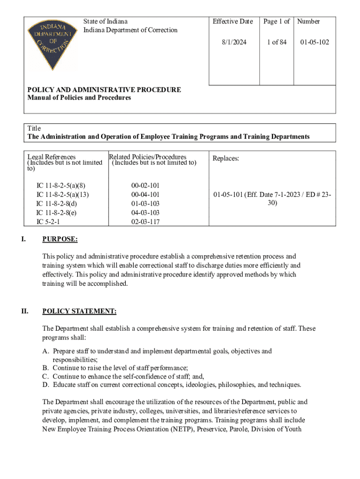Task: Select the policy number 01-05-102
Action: click(315, 42)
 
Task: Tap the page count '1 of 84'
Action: click(277, 42)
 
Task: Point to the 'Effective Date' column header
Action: click(233, 21)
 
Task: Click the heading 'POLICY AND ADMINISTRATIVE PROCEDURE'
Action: click(104, 90)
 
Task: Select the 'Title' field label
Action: click(34, 128)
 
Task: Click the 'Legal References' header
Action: click(51, 157)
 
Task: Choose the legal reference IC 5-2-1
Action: click(48, 222)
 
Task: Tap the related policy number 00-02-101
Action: click(145, 186)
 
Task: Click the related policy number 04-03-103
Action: click(145, 213)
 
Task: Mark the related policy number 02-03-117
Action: click(145, 222)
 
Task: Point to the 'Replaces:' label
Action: click(226, 159)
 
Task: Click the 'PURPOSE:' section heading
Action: click(60, 239)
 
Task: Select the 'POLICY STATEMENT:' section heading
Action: click(79, 311)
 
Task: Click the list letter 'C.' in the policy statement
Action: click(46, 376)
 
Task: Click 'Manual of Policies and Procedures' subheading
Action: click(79, 98)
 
